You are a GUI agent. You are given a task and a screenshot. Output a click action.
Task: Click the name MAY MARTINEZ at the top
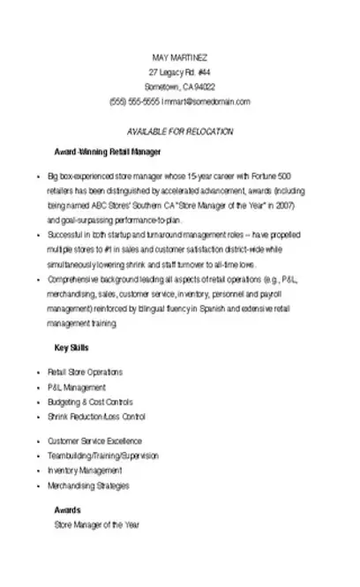tap(180, 56)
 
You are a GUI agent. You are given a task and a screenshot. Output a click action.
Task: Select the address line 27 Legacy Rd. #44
tap(180, 71)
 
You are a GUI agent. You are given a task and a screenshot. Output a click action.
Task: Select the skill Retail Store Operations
tap(85, 372)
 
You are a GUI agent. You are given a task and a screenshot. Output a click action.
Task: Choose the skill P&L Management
tap(77, 387)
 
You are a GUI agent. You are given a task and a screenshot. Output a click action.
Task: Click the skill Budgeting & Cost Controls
tap(89, 402)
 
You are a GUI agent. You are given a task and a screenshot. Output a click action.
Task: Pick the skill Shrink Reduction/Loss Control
tap(96, 416)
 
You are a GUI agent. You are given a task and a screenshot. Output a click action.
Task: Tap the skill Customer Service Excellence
tap(94, 440)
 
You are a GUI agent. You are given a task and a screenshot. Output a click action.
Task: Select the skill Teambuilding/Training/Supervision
tap(102, 455)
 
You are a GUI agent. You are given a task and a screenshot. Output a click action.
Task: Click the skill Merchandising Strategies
tap(88, 485)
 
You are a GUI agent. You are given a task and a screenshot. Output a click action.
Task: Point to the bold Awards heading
tap(68, 510)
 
